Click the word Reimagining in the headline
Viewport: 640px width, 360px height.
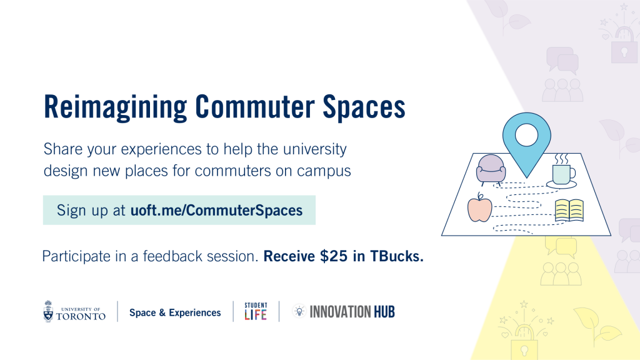pos(116,107)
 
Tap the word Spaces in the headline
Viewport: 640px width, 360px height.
pos(364,107)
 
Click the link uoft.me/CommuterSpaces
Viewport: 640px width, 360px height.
pos(216,210)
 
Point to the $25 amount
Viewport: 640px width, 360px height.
pos(334,256)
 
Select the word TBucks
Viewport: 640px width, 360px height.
pos(397,256)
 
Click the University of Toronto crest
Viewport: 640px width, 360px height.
pos(49,311)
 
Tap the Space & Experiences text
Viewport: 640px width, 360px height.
pos(175,312)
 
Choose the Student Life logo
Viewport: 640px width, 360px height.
pos(256,311)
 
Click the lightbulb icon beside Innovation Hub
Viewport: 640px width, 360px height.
pos(299,311)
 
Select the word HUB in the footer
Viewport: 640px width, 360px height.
pos(384,312)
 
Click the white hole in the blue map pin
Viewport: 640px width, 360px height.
pos(526,135)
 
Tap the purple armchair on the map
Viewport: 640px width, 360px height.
pos(491,170)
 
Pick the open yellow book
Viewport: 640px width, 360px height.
pos(569,211)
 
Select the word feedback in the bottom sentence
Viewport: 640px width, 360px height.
pos(172,256)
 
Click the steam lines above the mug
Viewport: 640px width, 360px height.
pos(562,159)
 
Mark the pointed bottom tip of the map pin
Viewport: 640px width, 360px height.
pos(526,178)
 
